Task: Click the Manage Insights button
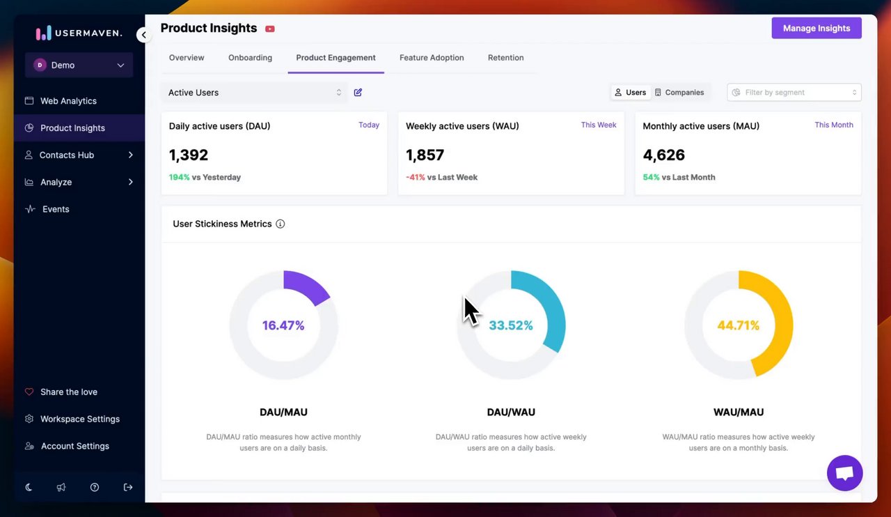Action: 816,29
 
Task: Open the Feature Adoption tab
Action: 432,58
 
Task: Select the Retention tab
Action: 505,58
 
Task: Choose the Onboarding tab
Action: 250,58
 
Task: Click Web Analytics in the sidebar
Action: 68,101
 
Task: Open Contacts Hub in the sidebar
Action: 67,155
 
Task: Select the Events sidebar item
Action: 56,209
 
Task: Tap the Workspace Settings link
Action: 79,419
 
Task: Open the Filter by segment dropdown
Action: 794,93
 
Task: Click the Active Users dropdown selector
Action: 254,93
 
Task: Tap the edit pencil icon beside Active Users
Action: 358,93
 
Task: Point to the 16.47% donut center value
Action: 283,325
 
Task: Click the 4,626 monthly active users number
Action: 664,155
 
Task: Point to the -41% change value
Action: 416,178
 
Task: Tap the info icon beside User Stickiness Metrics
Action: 281,224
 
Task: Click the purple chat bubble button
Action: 844,473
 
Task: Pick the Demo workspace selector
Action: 79,65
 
